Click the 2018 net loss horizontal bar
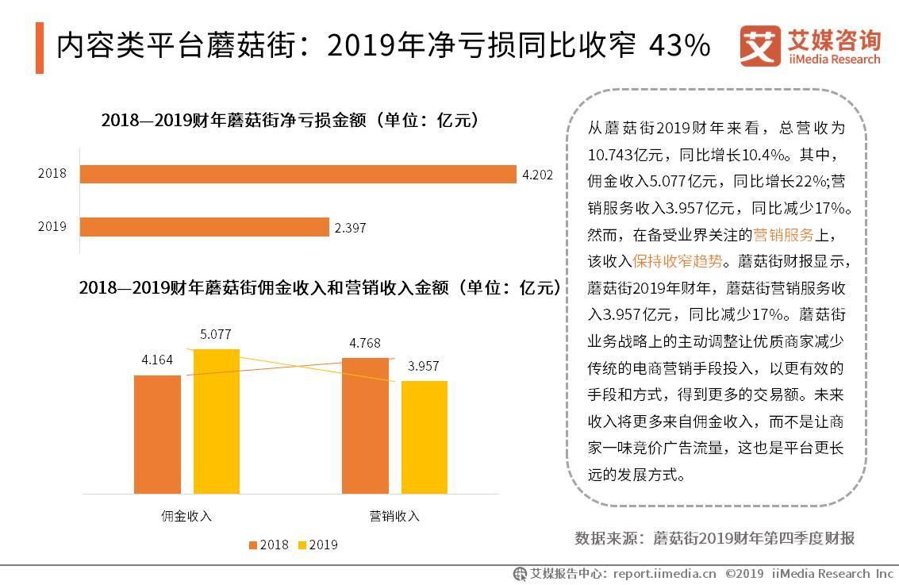298,175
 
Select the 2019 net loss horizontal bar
204,227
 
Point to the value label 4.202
537,175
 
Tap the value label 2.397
350,228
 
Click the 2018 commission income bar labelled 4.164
157,433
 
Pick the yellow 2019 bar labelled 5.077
216,421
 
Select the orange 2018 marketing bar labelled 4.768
365,425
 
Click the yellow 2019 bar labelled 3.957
424,437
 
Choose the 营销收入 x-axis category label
394,516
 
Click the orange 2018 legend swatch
253,545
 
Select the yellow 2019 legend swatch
302,545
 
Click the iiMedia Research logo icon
759,45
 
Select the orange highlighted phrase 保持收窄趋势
678,260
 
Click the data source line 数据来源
714,538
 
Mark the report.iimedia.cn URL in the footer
664,573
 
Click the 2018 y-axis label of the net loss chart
52,175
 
